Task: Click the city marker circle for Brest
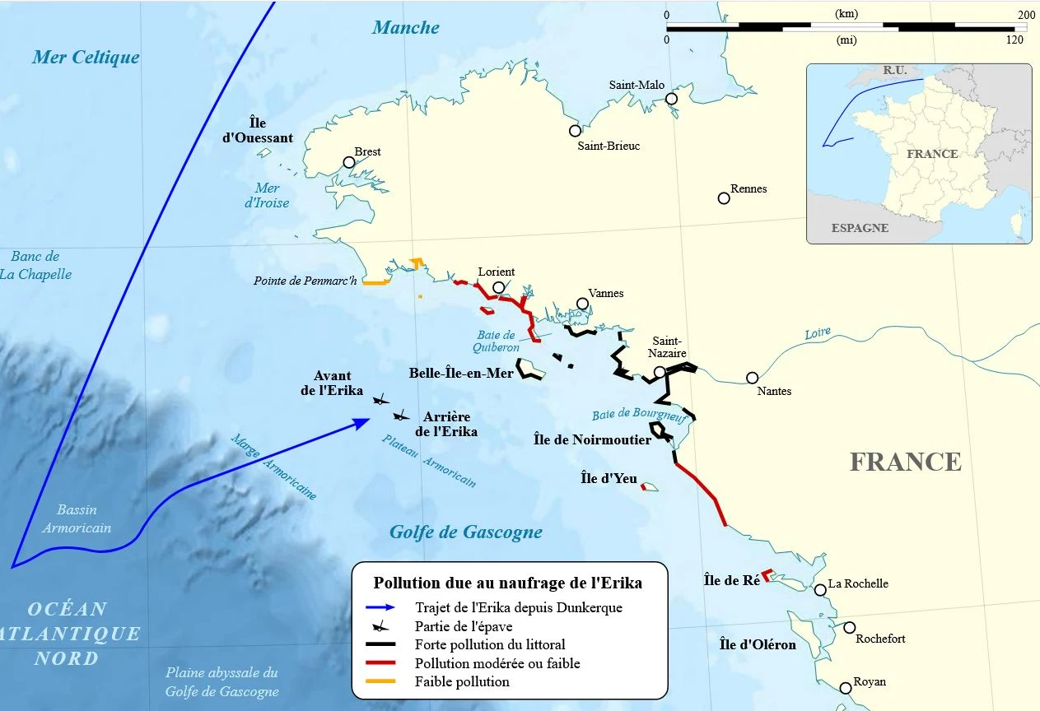click(x=349, y=162)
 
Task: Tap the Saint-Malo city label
click(x=637, y=85)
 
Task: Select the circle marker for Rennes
click(x=724, y=198)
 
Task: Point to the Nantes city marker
click(x=752, y=378)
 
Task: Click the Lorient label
click(x=496, y=272)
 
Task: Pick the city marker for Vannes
click(x=583, y=304)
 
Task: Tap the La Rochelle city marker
click(x=820, y=590)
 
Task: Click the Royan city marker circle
click(x=846, y=688)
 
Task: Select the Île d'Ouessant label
click(x=258, y=130)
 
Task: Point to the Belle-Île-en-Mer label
click(x=461, y=374)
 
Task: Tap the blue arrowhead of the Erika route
click(x=361, y=423)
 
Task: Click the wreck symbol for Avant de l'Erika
click(x=380, y=400)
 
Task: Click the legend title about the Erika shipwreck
click(x=507, y=583)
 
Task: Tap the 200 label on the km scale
click(x=1026, y=15)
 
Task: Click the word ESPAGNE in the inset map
click(x=860, y=228)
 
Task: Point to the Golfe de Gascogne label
click(x=466, y=532)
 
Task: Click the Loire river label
click(x=818, y=334)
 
